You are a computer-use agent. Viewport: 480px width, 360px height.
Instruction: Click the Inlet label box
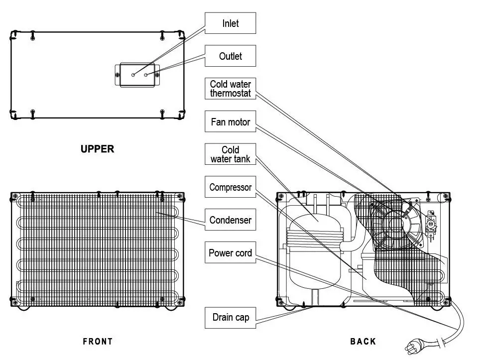pyautogui.click(x=231, y=23)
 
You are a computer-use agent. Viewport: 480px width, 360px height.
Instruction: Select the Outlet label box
pyautogui.click(x=231, y=56)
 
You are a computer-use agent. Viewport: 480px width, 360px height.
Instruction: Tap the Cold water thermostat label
pyautogui.click(x=231, y=89)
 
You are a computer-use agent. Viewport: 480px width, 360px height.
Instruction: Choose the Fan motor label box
pyautogui.click(x=231, y=121)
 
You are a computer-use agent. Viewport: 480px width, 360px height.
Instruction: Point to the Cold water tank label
pyautogui.click(x=231, y=154)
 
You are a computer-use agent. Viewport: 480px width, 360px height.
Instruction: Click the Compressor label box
pyautogui.click(x=231, y=187)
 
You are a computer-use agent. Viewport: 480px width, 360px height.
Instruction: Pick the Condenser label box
pyautogui.click(x=231, y=220)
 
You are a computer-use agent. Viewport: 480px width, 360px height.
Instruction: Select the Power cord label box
pyautogui.click(x=231, y=253)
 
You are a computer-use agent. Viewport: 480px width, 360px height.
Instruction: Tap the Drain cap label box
pyautogui.click(x=231, y=317)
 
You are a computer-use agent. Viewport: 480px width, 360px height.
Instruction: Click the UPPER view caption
pyautogui.click(x=97, y=149)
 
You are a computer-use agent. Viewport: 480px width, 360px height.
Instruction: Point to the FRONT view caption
pyautogui.click(x=98, y=342)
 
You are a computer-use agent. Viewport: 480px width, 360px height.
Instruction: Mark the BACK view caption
pyautogui.click(x=363, y=342)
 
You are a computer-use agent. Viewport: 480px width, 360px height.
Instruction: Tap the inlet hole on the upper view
pyautogui.click(x=133, y=75)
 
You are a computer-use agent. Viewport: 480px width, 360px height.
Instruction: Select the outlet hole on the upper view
pyautogui.click(x=146, y=75)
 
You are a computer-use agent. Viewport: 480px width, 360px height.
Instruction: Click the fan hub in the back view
pyautogui.click(x=397, y=223)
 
